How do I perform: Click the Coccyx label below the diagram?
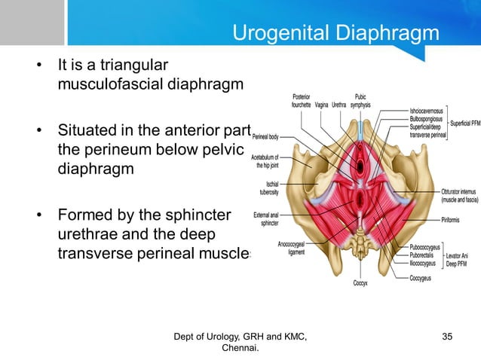[361, 283]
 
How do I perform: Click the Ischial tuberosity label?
[269, 188]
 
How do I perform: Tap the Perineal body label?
[265, 137]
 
